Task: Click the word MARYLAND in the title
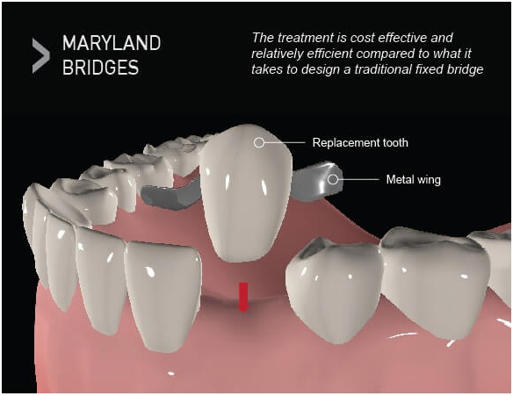[112, 43]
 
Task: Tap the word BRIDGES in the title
[100, 68]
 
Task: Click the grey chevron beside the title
[41, 55]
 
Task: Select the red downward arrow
[243, 298]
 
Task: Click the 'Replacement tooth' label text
[360, 142]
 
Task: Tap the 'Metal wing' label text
[413, 179]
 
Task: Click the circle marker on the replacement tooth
[259, 142]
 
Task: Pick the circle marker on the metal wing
[333, 179]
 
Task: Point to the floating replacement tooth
[246, 193]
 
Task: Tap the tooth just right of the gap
[335, 288]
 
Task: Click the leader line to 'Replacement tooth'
[285, 142]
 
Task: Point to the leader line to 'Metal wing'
[358, 179]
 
